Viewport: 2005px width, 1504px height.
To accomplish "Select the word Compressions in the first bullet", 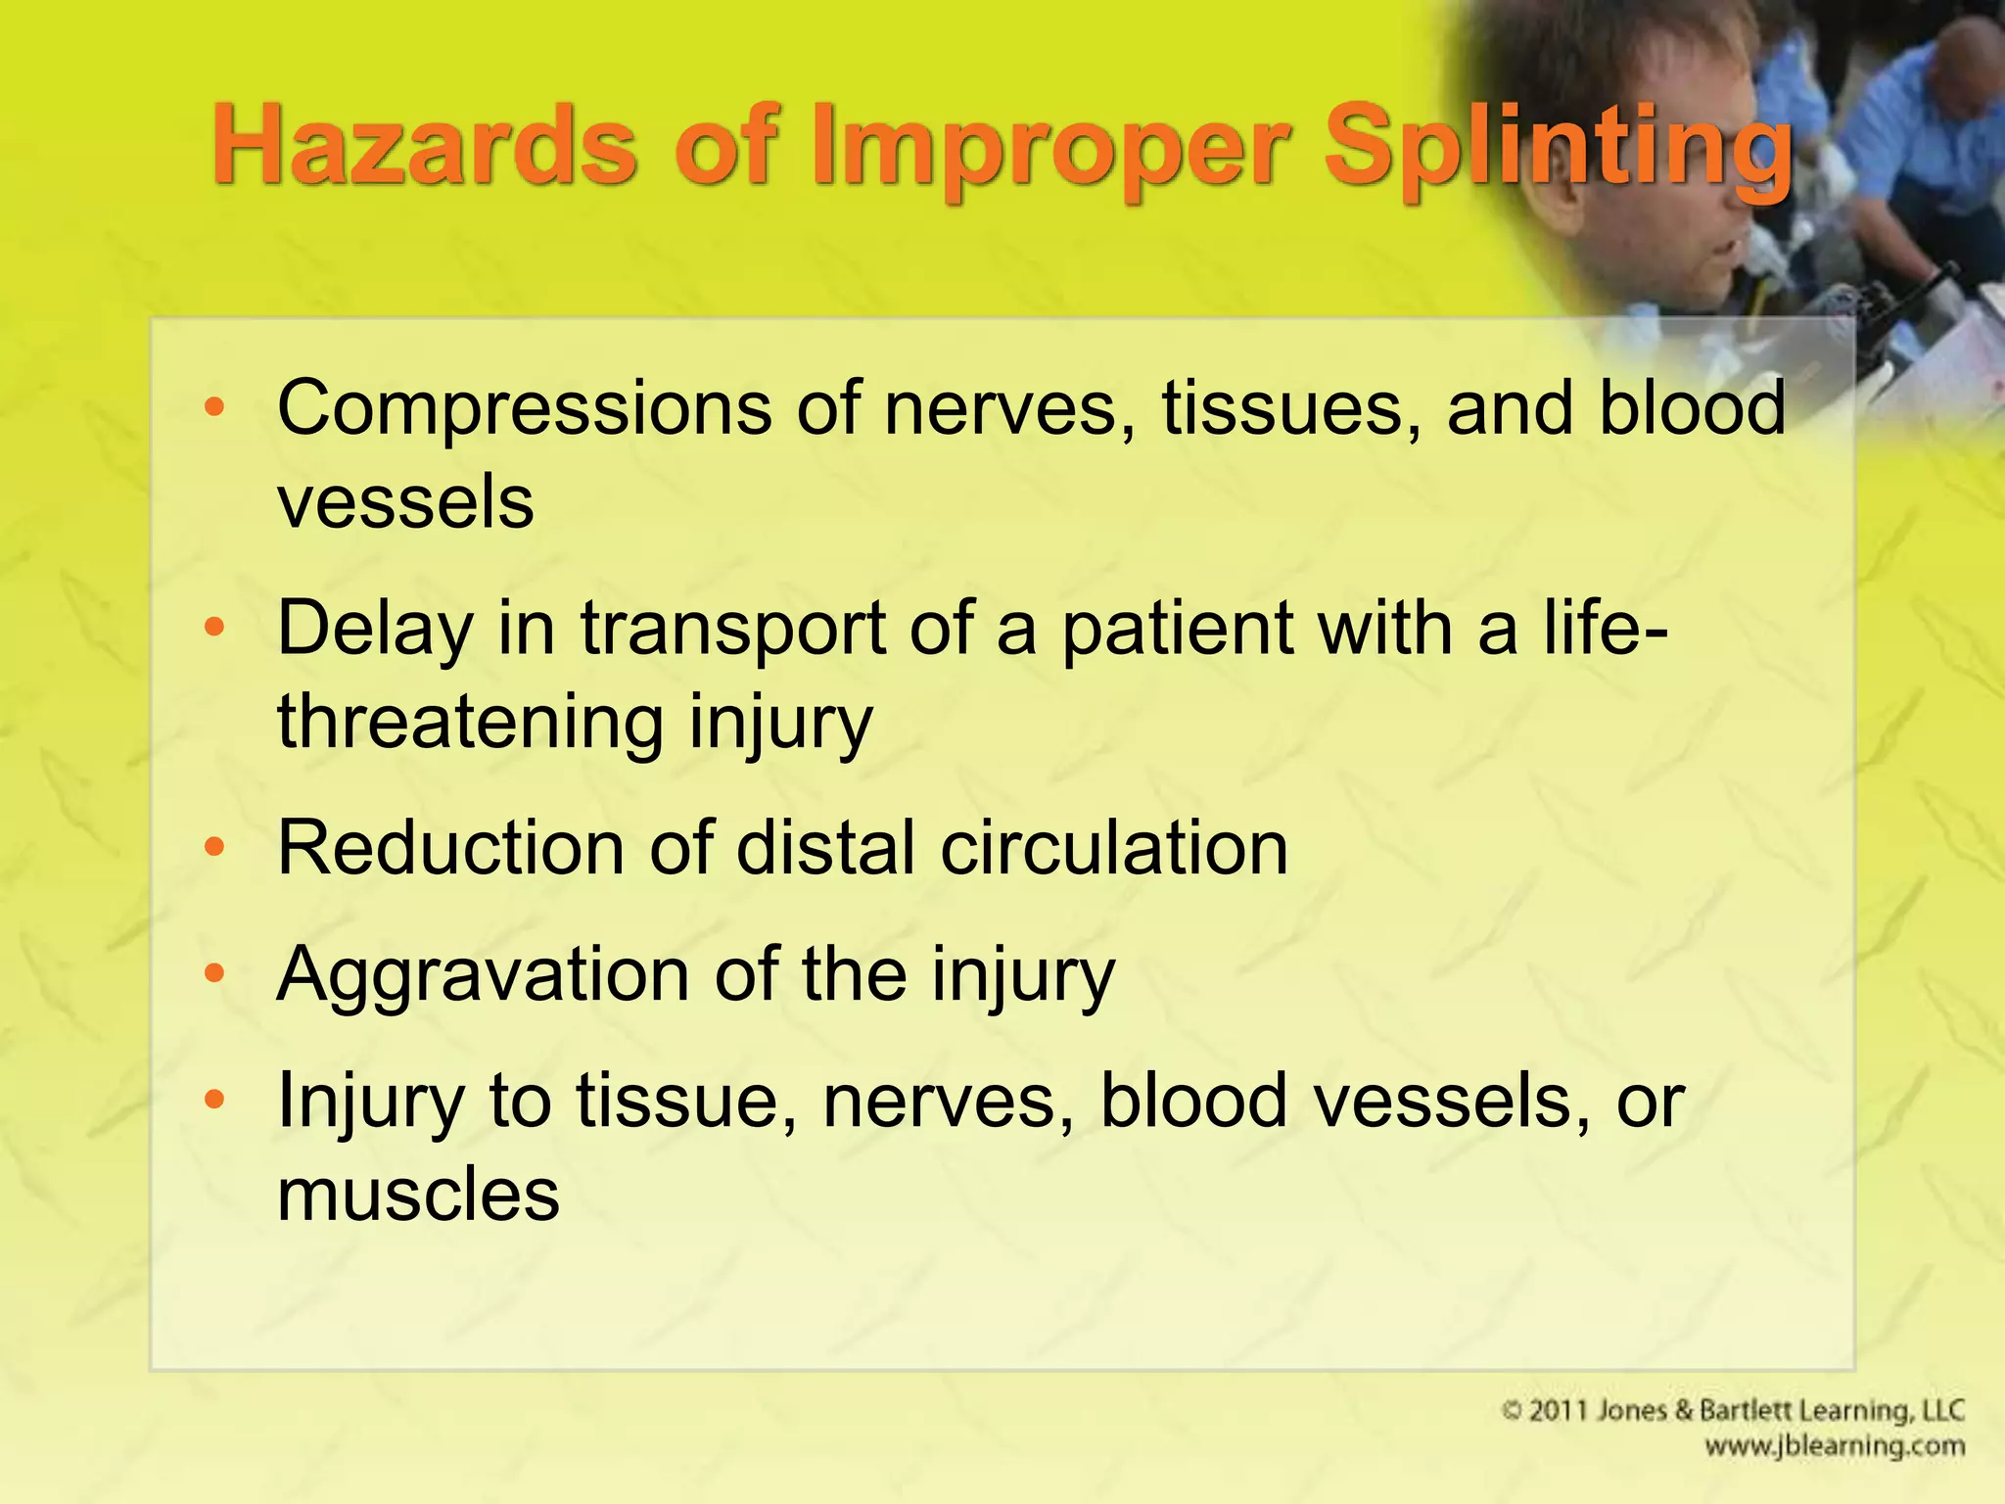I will pyautogui.click(x=523, y=409).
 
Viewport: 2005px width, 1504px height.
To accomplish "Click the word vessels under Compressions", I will pyautogui.click(x=405, y=502).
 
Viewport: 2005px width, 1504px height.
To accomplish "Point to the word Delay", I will pyautogui.click(x=375, y=630).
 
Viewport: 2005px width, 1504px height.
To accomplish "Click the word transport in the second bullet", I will pyautogui.click(x=733, y=630).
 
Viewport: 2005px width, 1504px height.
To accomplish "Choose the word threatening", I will pyautogui.click(x=470, y=722).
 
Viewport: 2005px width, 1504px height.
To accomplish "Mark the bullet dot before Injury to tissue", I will pyautogui.click(x=214, y=1099).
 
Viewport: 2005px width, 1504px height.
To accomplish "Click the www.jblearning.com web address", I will pyautogui.click(x=1834, y=1446).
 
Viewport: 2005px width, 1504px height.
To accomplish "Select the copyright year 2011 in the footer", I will pyautogui.click(x=1559, y=1411).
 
